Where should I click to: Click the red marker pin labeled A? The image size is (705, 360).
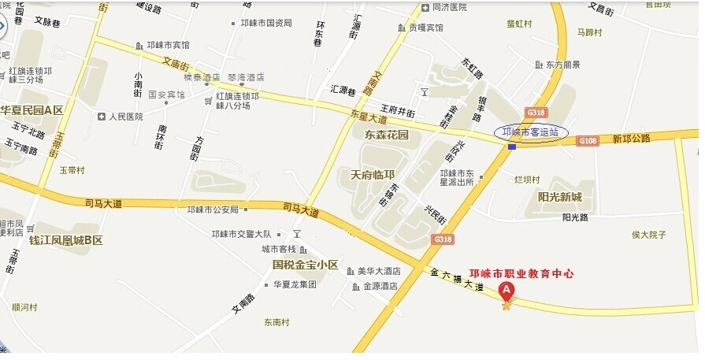pos(507,290)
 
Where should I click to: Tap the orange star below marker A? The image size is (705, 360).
pos(506,305)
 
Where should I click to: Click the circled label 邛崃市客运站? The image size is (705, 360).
pos(530,132)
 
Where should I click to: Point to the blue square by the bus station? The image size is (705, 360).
pos(512,147)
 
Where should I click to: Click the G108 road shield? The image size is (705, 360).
pos(588,140)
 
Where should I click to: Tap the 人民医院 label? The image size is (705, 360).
pos(126,117)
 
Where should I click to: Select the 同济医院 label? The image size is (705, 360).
pos(450,7)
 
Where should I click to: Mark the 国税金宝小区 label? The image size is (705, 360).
pos(305,265)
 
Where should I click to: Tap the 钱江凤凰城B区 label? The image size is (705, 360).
pos(65,239)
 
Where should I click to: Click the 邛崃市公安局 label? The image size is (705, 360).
pos(212,210)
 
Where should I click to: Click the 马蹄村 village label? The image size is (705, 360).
pos(589,33)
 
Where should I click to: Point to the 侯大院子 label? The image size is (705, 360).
pos(649,234)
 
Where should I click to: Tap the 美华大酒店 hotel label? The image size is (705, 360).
pos(379,270)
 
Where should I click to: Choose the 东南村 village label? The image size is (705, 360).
pos(277,321)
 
